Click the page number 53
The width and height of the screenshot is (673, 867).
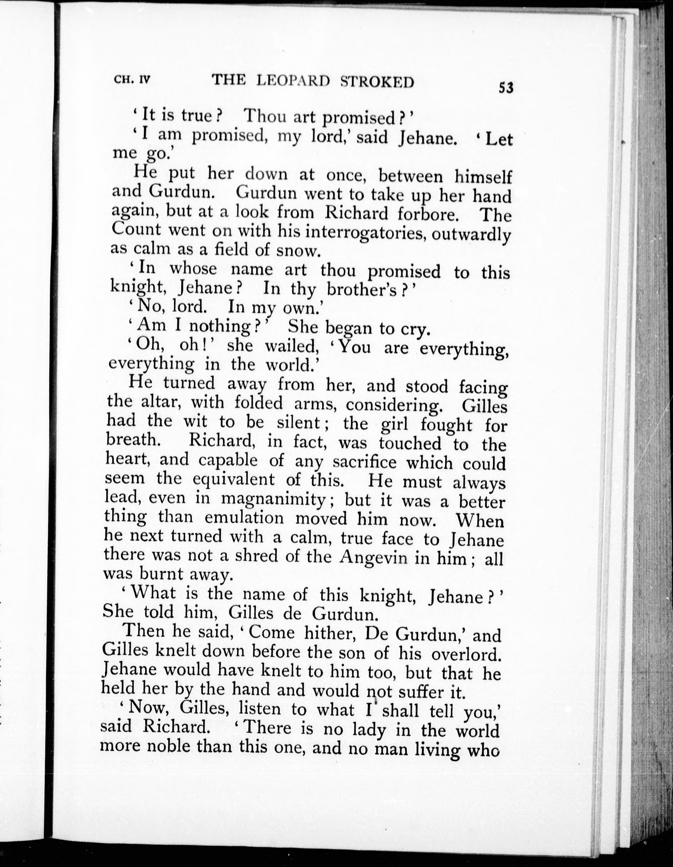506,87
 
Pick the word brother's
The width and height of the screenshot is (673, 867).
361,290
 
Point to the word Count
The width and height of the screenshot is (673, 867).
136,229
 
